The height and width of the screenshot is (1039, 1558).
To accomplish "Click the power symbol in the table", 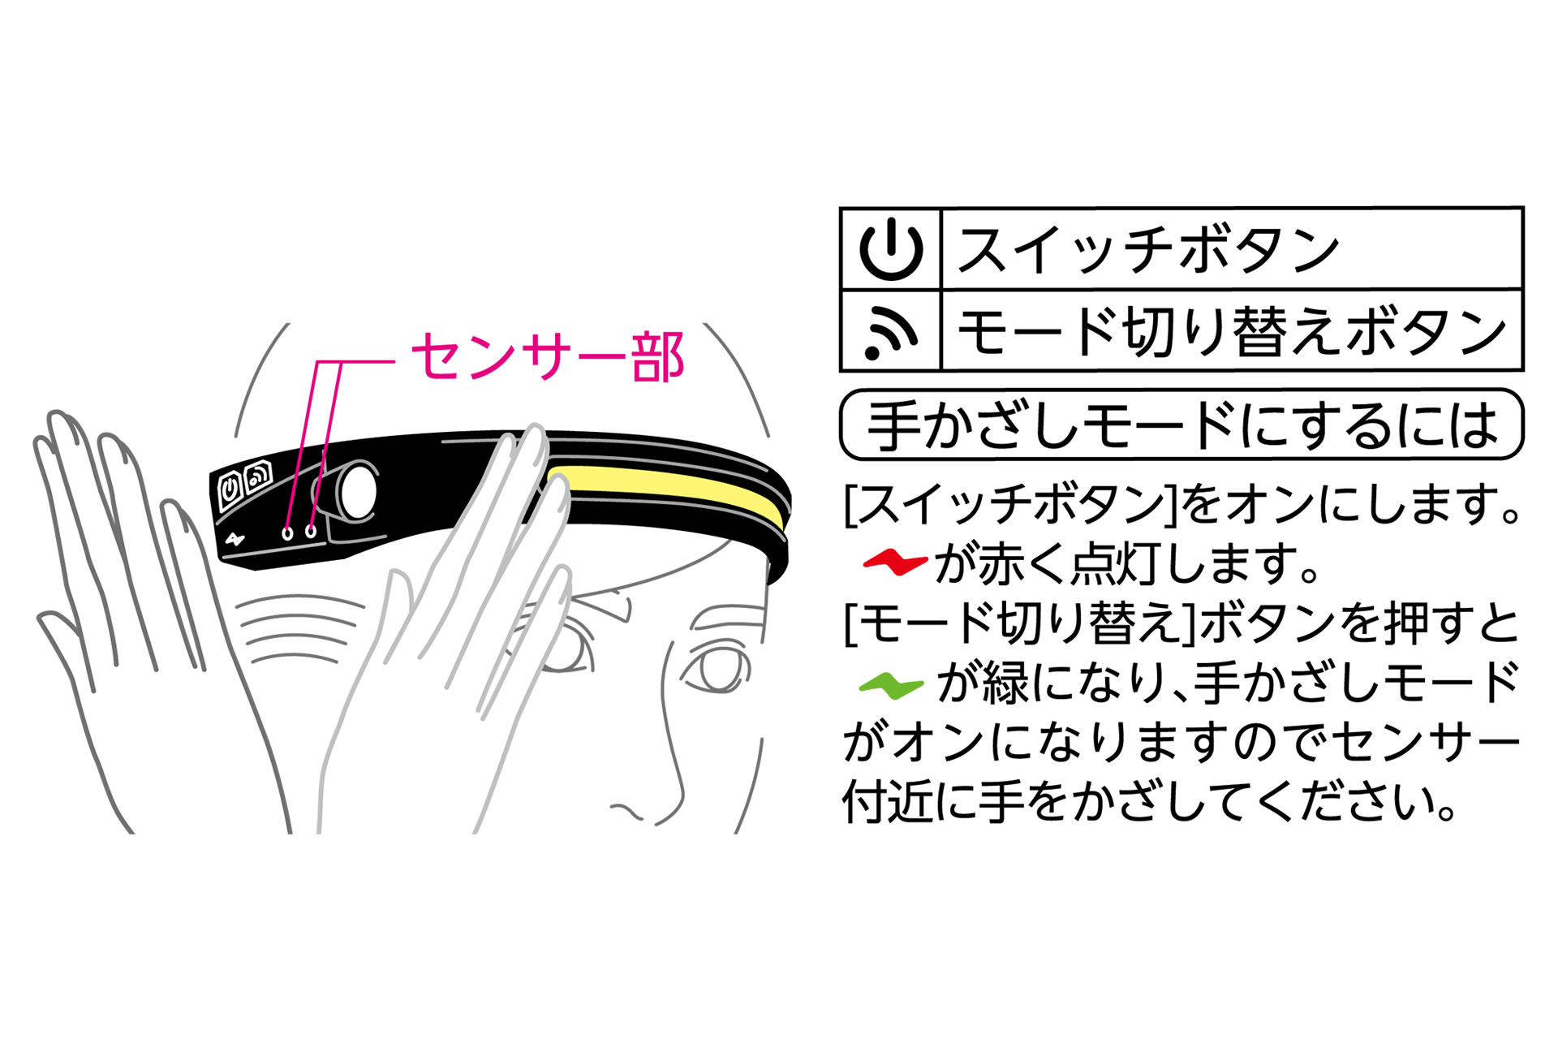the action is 891,249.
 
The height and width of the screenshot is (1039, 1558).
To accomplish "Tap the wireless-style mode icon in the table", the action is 891,332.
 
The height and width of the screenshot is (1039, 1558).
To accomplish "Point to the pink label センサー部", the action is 549,356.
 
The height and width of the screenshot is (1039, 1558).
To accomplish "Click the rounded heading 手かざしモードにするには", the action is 1181,425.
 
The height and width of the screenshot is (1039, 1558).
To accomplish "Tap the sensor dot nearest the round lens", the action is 311,532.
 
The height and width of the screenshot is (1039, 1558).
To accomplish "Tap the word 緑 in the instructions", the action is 1005,684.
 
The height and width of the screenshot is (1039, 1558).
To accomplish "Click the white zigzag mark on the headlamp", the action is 235,539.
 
